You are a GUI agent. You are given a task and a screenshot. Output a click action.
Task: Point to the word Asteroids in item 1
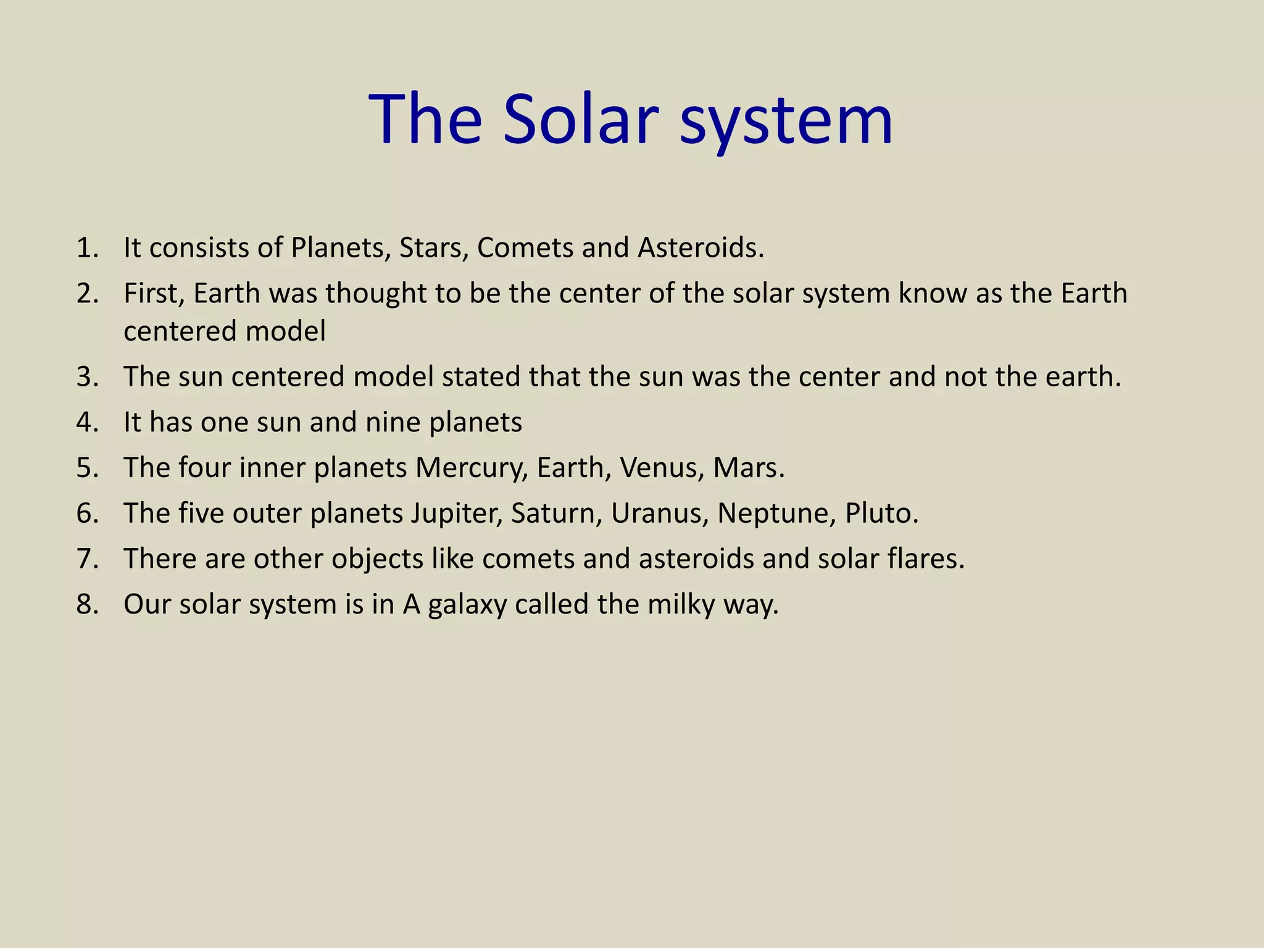click(701, 248)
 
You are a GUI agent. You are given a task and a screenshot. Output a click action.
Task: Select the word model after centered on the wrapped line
click(285, 331)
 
